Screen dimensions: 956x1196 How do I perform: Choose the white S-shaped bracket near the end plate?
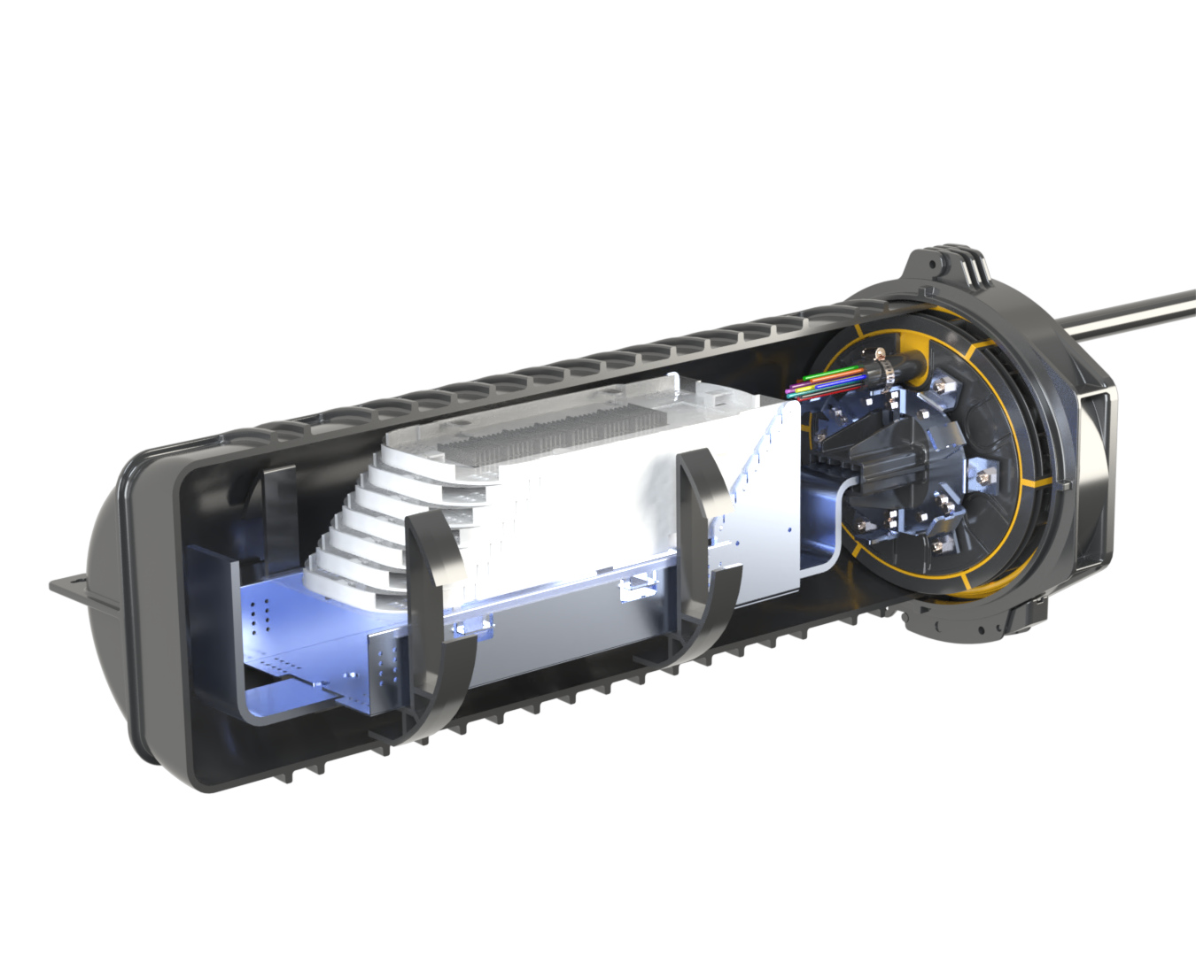pos(833,522)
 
